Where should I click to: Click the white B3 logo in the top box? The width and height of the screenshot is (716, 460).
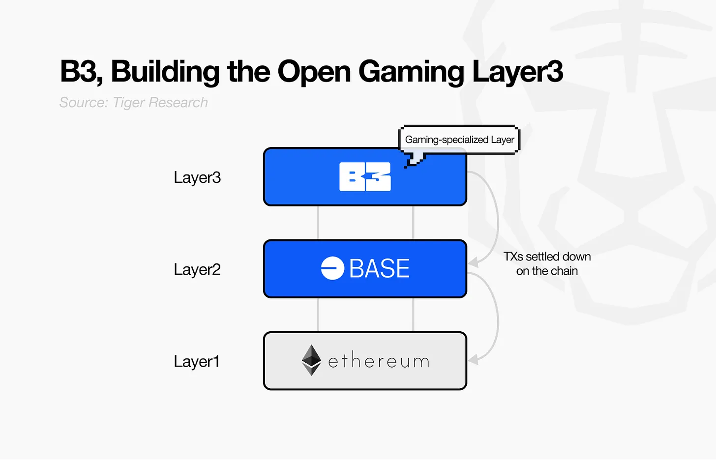pos(365,177)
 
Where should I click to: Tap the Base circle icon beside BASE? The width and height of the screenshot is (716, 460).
pos(332,268)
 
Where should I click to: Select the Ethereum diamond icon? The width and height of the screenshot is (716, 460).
pos(311,360)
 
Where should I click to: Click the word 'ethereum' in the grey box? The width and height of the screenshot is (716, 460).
pos(379,362)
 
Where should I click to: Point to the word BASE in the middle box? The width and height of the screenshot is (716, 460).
pos(379,268)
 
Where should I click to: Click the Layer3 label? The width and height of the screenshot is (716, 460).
pos(197,177)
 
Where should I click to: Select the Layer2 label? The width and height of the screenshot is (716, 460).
pos(197,269)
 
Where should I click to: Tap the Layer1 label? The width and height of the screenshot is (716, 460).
pos(196,362)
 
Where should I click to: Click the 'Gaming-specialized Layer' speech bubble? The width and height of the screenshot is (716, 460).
pos(459,140)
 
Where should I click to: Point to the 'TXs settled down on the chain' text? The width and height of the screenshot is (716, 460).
pos(547,263)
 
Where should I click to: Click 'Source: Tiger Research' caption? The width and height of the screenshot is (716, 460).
pos(133,102)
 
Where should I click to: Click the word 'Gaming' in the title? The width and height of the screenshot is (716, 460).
pos(411,72)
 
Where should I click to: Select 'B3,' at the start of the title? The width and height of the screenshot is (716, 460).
pos(81,72)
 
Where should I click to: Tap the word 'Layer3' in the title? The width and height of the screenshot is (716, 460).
pos(517,72)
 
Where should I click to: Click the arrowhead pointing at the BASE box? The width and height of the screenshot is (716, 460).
pos(473,262)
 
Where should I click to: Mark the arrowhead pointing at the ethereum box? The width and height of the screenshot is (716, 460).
pos(473,360)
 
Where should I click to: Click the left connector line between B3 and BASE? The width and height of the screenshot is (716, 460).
pos(318,223)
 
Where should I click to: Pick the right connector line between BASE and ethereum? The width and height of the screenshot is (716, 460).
pos(413,315)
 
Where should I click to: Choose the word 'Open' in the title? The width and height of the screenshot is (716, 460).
pos(314,72)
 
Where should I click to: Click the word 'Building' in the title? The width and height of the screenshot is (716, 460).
pos(165,72)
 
